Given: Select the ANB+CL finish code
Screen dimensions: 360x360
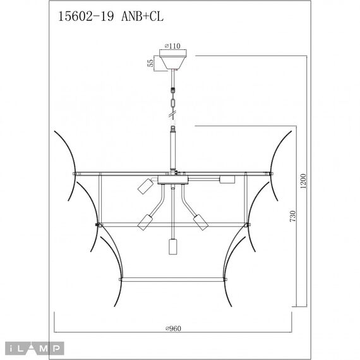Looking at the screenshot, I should point(140,18).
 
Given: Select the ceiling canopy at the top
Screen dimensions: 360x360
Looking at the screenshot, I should point(172,62).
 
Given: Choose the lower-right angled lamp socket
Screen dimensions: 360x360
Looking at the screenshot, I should point(200,222).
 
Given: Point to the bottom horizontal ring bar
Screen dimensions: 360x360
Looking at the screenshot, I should point(172,277).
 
